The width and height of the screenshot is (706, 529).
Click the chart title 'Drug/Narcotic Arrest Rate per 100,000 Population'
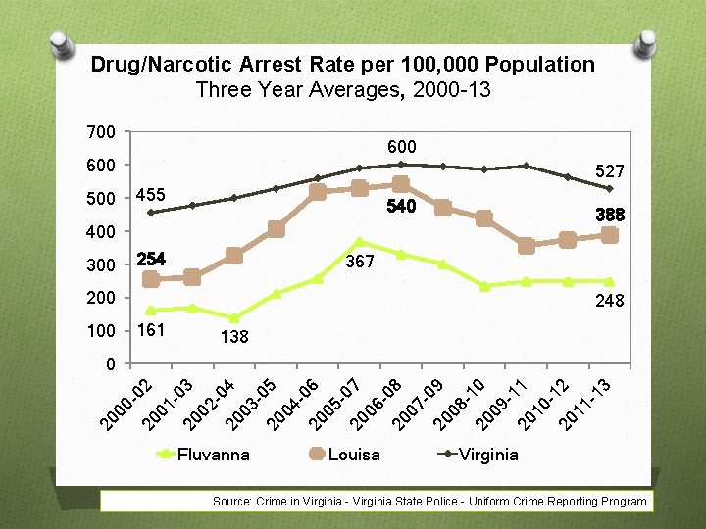coord(342,65)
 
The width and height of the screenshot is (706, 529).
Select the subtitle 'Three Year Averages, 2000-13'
coord(342,90)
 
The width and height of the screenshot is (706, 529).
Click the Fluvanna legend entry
coord(204,454)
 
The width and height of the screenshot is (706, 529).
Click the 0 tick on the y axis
coord(110,364)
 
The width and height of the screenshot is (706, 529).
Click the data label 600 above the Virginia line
coord(401,146)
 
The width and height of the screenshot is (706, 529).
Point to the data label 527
coord(609,170)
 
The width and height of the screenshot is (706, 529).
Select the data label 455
coord(151,194)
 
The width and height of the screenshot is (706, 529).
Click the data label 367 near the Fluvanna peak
coord(360,262)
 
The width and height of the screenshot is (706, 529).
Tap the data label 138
coord(233,337)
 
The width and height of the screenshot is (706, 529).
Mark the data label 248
coord(609,302)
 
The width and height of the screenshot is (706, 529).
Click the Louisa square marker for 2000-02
coord(151,279)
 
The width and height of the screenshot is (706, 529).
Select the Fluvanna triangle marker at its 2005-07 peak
coord(360,242)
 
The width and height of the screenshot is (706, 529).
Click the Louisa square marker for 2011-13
coord(609,235)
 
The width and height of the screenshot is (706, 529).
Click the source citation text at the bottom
coord(429,502)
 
